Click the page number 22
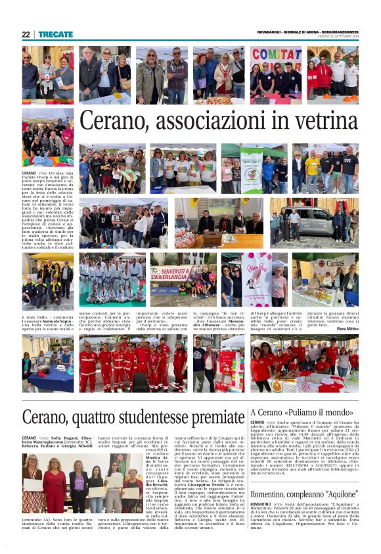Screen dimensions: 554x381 coord(26,34)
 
